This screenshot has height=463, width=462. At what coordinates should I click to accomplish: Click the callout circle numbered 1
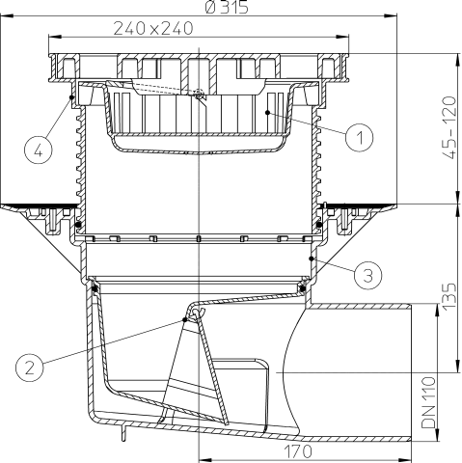pyautogui.click(x=358, y=137)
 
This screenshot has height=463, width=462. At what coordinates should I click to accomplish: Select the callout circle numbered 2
pyautogui.click(x=32, y=365)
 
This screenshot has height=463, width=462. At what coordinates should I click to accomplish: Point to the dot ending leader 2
pyautogui.click(x=186, y=317)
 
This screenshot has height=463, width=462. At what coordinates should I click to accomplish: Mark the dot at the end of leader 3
pyautogui.click(x=311, y=258)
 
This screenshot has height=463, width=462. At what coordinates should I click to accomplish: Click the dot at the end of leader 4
pyautogui.click(x=73, y=95)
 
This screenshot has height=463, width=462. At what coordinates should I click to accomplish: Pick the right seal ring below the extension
pyautogui.click(x=303, y=283)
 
